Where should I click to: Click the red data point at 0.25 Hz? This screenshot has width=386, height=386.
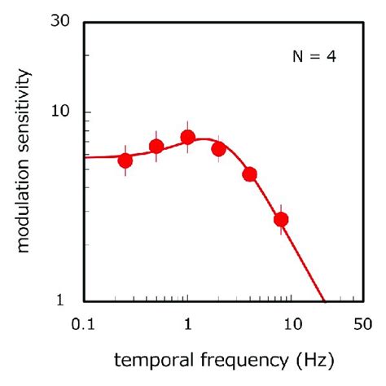click(125, 160)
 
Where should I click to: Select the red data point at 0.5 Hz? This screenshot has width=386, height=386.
click(156, 147)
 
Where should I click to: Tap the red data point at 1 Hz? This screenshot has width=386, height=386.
click(187, 138)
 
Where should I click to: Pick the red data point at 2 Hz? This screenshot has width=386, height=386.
click(218, 149)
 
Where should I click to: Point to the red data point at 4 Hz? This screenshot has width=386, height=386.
click(250, 174)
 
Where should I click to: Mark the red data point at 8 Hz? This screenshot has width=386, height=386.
click(281, 219)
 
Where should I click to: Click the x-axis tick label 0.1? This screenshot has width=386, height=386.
click(83, 324)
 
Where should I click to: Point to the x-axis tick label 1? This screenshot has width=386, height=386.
click(188, 324)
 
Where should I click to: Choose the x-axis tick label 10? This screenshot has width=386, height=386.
click(292, 324)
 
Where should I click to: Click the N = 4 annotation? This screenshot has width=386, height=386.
click(314, 57)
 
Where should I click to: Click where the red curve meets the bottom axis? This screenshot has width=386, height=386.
click(324, 300)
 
